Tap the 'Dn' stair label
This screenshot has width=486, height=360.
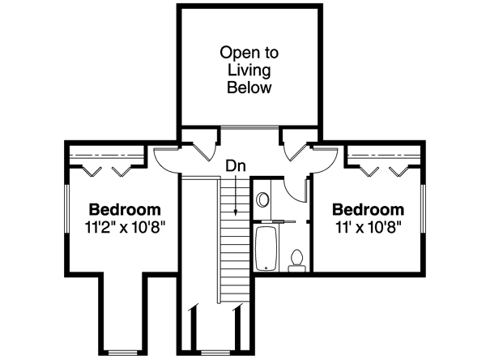pyautogui.click(x=235, y=166)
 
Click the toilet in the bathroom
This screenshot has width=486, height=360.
pyautogui.click(x=296, y=259)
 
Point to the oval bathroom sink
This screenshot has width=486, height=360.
pyautogui.click(x=263, y=199)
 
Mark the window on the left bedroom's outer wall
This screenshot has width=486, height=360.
pyautogui.click(x=65, y=212)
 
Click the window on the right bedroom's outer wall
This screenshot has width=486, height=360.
pyautogui.click(x=424, y=212)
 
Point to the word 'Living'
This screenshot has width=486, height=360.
pyautogui.click(x=249, y=70)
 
